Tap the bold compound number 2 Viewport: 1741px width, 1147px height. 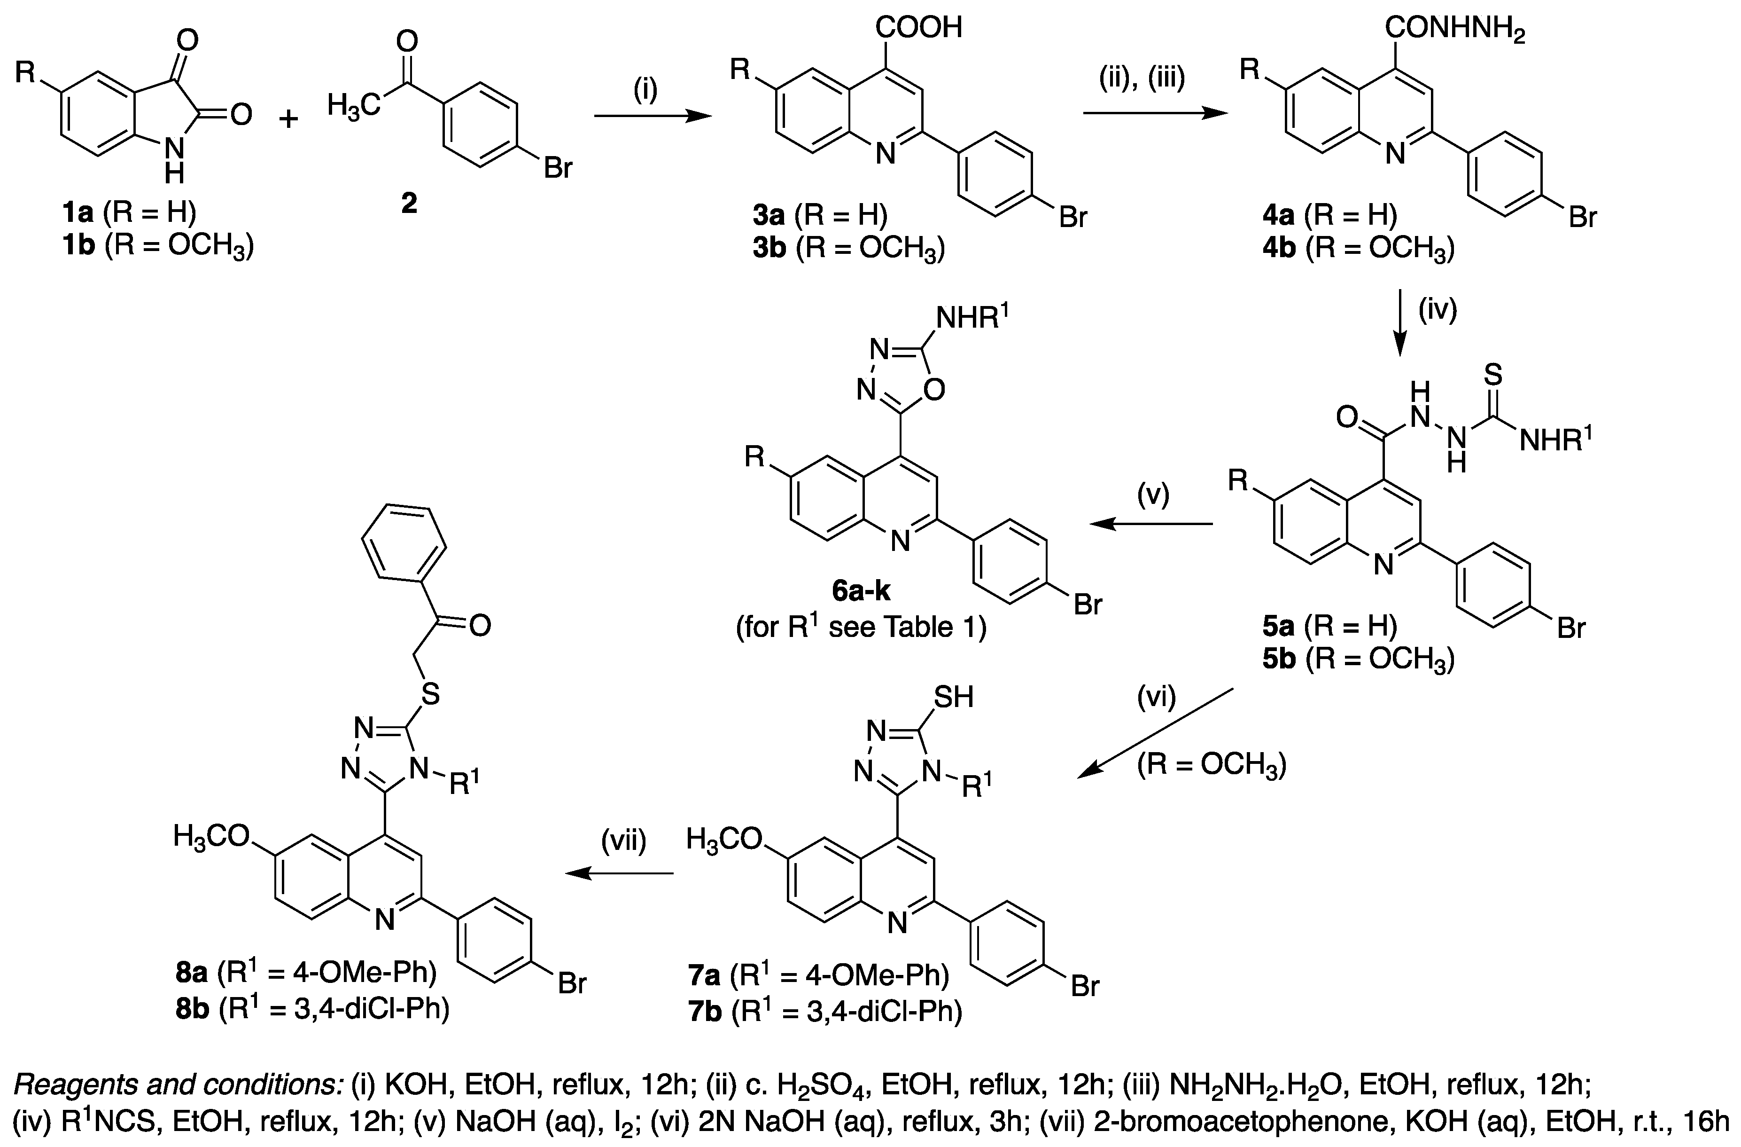pyautogui.click(x=409, y=203)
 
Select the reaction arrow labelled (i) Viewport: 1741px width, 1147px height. pyautogui.click(x=653, y=116)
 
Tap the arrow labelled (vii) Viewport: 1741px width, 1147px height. pyautogui.click(x=620, y=873)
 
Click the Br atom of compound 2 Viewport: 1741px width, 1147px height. pyautogui.click(x=558, y=168)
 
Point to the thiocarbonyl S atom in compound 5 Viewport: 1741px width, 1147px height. pyautogui.click(x=1493, y=376)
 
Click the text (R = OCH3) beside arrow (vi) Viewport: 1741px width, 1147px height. pyautogui.click(x=1212, y=766)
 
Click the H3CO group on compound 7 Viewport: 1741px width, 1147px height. pyautogui.click(x=723, y=840)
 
